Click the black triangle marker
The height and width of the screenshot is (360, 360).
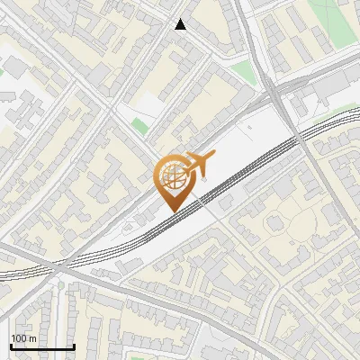pos(181,24)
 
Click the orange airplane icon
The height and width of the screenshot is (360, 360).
pos(198,166)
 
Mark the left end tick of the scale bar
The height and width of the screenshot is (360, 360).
pos(11,346)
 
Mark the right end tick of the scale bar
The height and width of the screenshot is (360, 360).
pos(74,346)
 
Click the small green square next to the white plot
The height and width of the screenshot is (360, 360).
pos(139,126)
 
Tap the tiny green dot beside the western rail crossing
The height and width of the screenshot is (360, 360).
pos(60,285)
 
